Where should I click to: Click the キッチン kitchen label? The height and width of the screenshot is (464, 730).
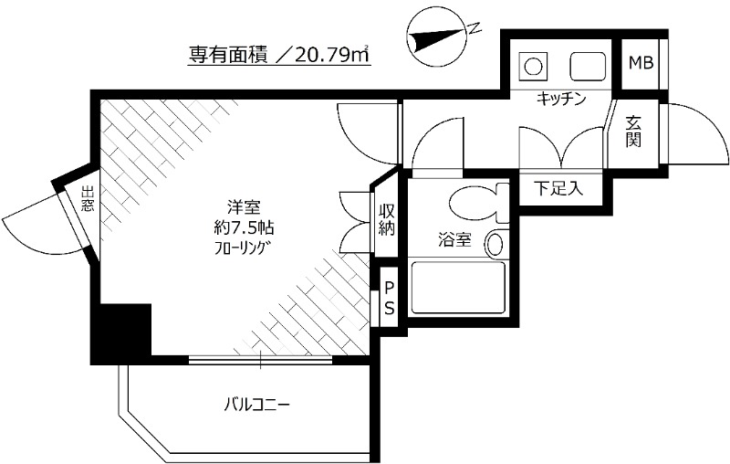tap(559, 98)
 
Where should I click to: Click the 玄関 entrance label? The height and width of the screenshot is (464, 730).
tap(634, 132)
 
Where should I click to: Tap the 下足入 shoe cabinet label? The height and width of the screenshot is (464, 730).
tap(557, 189)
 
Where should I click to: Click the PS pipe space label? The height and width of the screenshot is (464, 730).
tap(389, 298)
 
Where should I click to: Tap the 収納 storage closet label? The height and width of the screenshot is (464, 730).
tap(387, 219)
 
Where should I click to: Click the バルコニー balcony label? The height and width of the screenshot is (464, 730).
tap(260, 403)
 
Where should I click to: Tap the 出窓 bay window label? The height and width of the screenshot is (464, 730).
tap(87, 200)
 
